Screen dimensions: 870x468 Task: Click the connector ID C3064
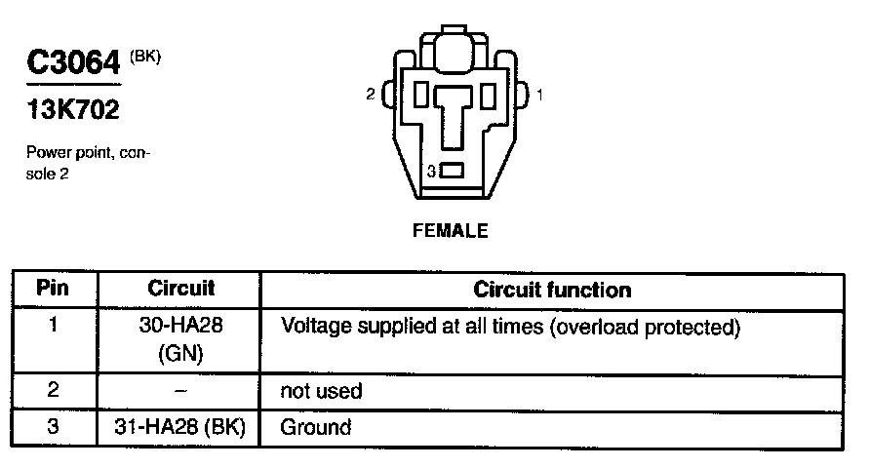click(73, 63)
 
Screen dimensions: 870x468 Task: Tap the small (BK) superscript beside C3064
click(144, 56)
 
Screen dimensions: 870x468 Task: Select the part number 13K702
click(73, 110)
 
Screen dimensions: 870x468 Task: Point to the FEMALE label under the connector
click(451, 232)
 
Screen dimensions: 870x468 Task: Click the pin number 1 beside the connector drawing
click(540, 95)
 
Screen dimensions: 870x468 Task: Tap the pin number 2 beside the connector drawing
click(371, 95)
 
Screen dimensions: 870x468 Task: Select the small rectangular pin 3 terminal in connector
click(452, 172)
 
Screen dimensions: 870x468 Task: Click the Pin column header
click(53, 290)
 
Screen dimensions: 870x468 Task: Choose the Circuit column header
click(180, 290)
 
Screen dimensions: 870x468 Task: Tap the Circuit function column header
click(552, 290)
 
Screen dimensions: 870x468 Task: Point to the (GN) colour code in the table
click(180, 353)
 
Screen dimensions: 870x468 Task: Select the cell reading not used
click(321, 392)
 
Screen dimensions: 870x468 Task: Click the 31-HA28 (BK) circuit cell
click(180, 427)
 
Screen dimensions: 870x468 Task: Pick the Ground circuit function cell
click(316, 427)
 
